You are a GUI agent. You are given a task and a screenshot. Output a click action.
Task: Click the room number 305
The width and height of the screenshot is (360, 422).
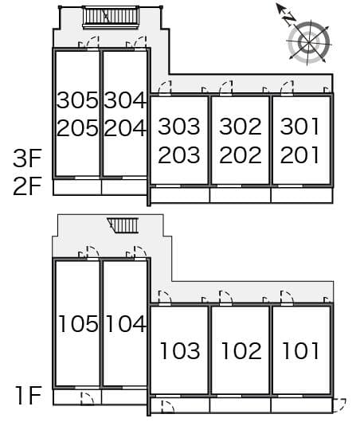click(77, 100)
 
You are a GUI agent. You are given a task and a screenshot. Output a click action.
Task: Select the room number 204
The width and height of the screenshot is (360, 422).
click(125, 128)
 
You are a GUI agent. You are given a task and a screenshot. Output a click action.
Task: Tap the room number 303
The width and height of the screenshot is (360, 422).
click(179, 126)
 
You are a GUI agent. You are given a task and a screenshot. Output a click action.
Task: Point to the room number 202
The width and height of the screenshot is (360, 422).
click(241, 154)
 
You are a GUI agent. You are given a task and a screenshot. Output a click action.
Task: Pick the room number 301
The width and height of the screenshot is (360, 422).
click(299, 126)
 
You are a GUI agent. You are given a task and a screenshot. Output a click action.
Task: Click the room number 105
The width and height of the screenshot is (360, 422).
click(78, 323)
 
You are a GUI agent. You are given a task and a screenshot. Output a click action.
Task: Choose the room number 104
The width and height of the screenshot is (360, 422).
click(126, 323)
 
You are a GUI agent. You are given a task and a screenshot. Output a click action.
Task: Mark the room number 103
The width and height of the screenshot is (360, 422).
click(180, 350)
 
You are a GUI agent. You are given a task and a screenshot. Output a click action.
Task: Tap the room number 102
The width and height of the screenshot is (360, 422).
click(241, 350)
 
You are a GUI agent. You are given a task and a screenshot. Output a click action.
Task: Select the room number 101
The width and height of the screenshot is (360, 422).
click(301, 350)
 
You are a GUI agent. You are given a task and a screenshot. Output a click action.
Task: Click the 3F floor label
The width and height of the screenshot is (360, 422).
click(27, 158)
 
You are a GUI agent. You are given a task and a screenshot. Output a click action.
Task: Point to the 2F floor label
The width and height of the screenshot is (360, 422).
click(27, 186)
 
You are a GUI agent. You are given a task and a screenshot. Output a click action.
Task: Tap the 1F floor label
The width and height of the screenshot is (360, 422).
click(28, 395)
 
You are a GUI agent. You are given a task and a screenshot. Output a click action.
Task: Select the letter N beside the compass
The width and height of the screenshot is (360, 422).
click(290, 20)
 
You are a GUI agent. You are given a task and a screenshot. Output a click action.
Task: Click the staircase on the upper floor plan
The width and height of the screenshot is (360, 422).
click(111, 18)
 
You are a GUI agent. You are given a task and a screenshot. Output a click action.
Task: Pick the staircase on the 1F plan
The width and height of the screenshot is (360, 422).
click(123, 225)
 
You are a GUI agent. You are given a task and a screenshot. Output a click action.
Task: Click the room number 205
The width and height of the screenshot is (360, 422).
click(77, 128)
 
